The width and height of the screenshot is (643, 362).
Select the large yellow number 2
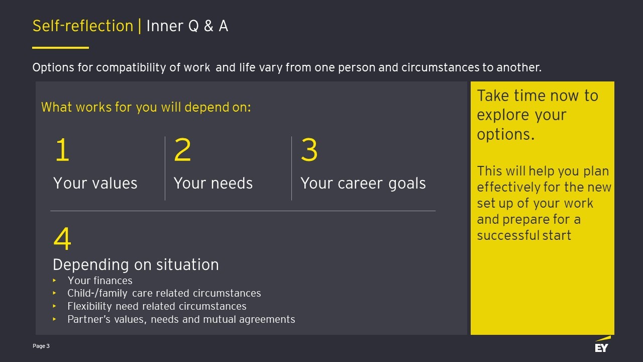pos(182,149)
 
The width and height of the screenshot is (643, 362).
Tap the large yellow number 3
pos(309,149)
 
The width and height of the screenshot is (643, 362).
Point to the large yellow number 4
pos(62,238)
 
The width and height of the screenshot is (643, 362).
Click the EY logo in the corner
pos(602,344)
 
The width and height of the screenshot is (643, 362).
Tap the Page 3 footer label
pos(41,346)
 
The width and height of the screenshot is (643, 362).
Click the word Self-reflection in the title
pos(83,26)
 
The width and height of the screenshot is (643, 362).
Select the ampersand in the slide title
pos(208,26)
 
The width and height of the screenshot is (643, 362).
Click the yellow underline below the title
pos(61,48)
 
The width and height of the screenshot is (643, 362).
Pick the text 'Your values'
pos(95,184)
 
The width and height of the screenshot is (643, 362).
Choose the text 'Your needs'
pos(213,184)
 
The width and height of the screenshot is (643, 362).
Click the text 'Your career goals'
pos(363,184)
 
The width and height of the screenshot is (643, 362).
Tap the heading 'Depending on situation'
pos(136,265)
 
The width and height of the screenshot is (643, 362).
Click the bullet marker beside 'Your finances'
pos(55,280)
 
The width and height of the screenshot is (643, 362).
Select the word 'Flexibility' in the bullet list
pos(89,307)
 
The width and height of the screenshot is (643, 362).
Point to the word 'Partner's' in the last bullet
pos(89,319)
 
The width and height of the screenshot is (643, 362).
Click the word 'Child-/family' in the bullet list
pos(97,294)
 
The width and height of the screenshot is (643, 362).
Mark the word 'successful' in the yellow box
pos(507,235)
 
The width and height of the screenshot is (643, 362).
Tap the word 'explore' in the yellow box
pos(503,116)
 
